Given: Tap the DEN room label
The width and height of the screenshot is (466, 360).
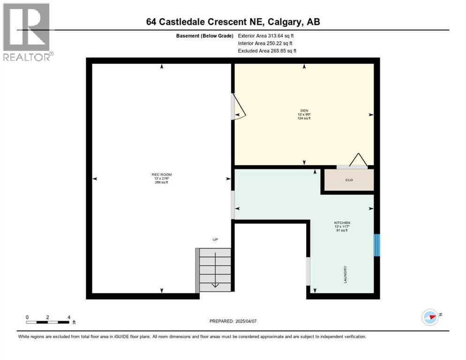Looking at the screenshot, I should (x=304, y=111).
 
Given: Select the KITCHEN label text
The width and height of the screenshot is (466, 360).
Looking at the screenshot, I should (x=342, y=223).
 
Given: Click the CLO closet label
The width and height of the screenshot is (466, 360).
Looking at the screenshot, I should (x=349, y=180).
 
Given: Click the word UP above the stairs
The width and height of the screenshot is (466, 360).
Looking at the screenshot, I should (x=215, y=240).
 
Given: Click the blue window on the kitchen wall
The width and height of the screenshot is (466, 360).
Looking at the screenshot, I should (x=376, y=245).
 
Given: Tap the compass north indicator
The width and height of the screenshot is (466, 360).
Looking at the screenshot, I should (x=430, y=317).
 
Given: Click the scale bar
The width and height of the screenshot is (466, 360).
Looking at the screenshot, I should (x=48, y=322).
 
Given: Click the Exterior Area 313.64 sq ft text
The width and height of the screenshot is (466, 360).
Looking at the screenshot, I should (x=266, y=36).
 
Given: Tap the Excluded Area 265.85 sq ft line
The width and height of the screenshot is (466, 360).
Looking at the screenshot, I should (x=267, y=51).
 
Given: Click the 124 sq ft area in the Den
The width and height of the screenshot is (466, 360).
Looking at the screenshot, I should (x=304, y=118).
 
